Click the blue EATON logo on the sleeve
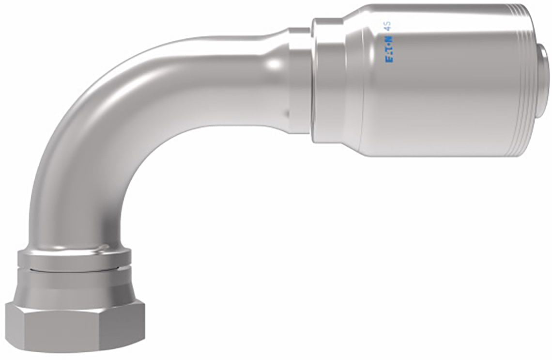pos(390,48)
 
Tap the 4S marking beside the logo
pos(390,27)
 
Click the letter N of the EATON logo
pos(390,37)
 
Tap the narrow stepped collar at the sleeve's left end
pos(321,80)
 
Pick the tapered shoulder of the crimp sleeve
pos(347,80)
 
